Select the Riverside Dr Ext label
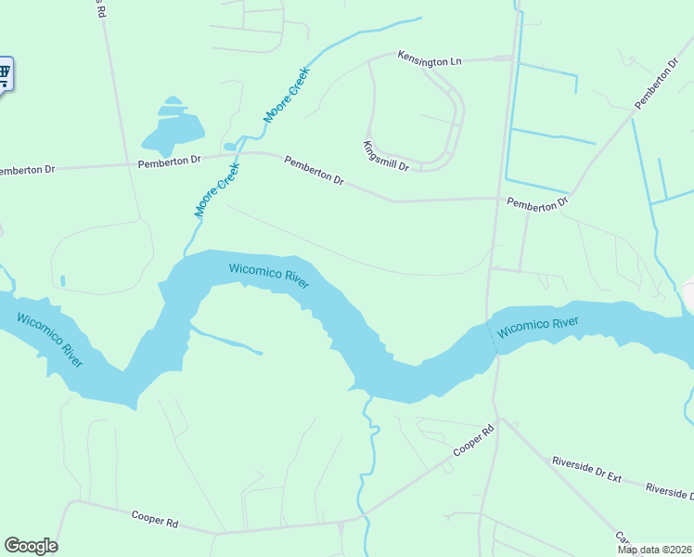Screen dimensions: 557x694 coord(585,468)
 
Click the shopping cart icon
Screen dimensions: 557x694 coord(5,72)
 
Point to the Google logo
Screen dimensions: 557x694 coord(31,546)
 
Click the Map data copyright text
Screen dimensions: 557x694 coord(655,550)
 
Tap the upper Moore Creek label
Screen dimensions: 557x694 coord(287,95)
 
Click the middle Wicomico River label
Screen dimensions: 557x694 coord(269,276)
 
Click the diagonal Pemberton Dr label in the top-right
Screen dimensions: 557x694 coord(657,84)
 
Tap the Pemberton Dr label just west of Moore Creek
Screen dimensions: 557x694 coord(169,161)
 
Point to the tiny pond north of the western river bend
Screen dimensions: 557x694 coord(62,280)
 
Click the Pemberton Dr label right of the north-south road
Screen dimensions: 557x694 coord(536,202)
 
